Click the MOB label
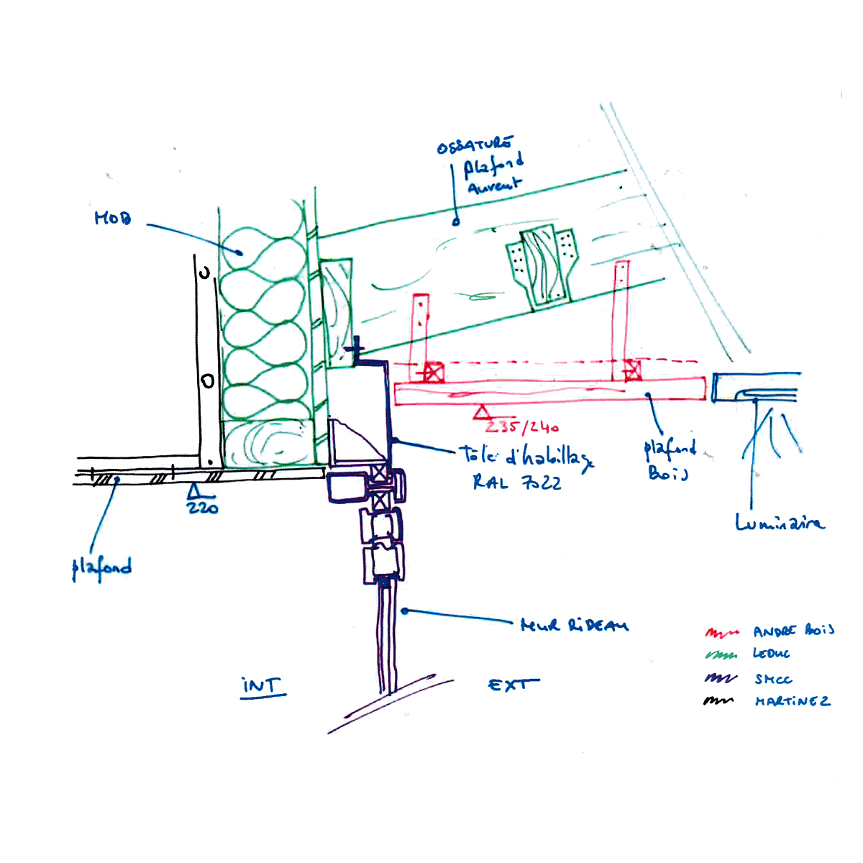[x=113, y=217]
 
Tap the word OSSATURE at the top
[x=475, y=145]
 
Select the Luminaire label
[x=780, y=523]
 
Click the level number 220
[x=202, y=508]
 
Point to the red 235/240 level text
[x=523, y=427]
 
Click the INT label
[x=262, y=686]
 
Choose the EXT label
[x=513, y=685]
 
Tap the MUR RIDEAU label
[x=574, y=625]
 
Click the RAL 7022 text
[x=516, y=483]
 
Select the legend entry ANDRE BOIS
[x=793, y=631]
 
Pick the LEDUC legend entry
[x=771, y=654]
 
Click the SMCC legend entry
[x=773, y=679]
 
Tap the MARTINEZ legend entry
[x=792, y=701]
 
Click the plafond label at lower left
[x=101, y=568]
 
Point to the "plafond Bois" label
[x=669, y=460]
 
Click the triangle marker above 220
[x=193, y=492]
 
